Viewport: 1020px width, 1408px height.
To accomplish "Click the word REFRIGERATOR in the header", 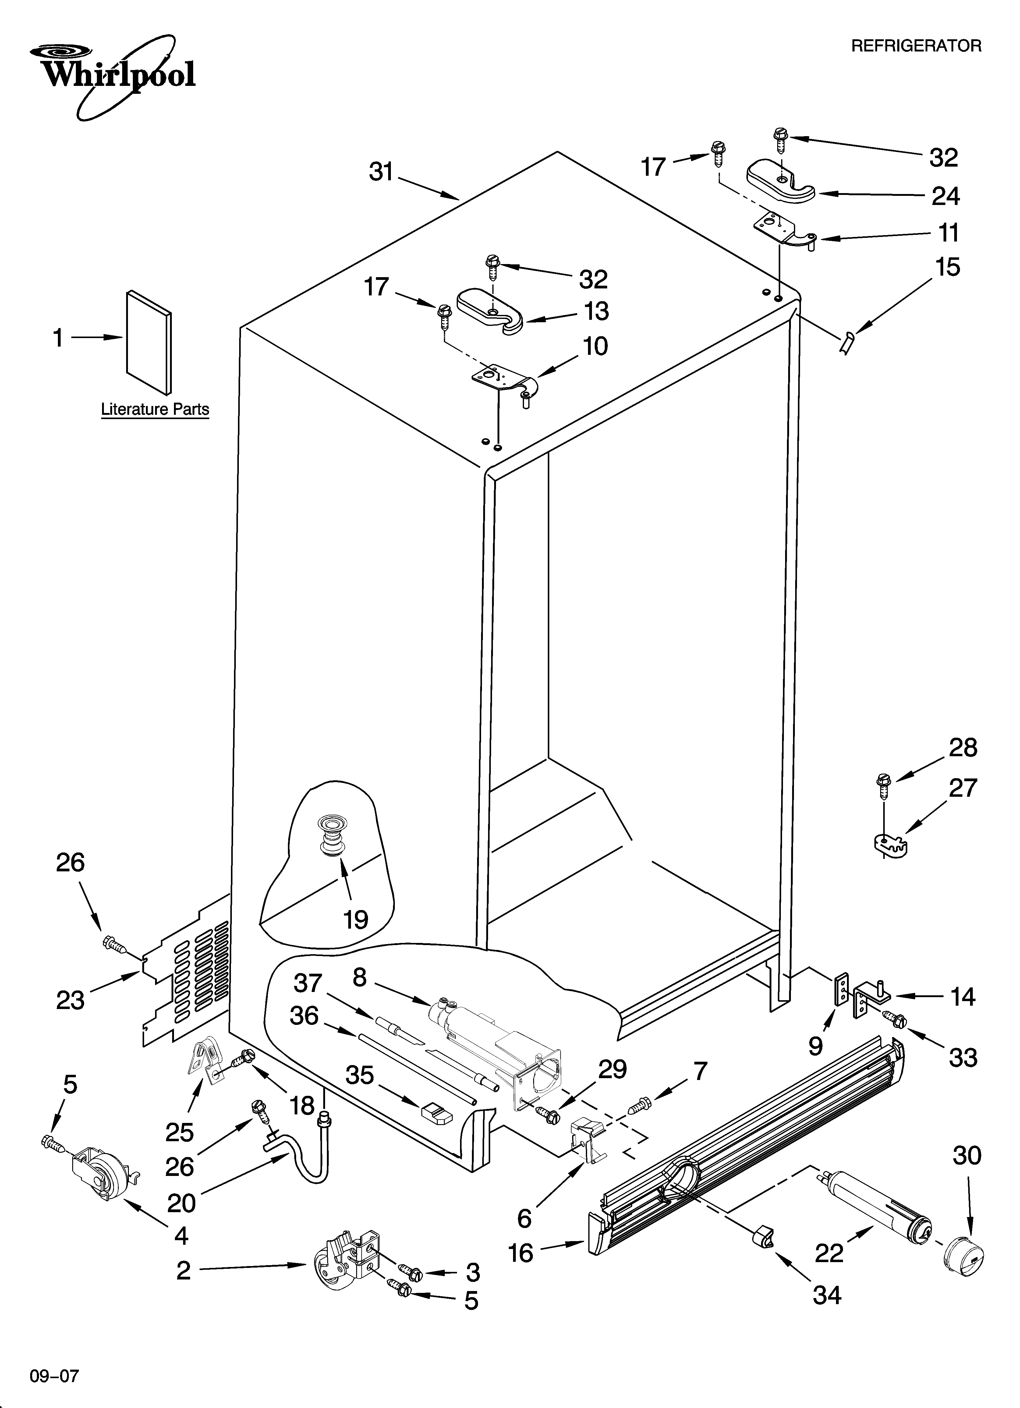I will (x=916, y=46).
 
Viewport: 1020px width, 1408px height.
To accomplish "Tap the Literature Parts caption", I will (x=155, y=410).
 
